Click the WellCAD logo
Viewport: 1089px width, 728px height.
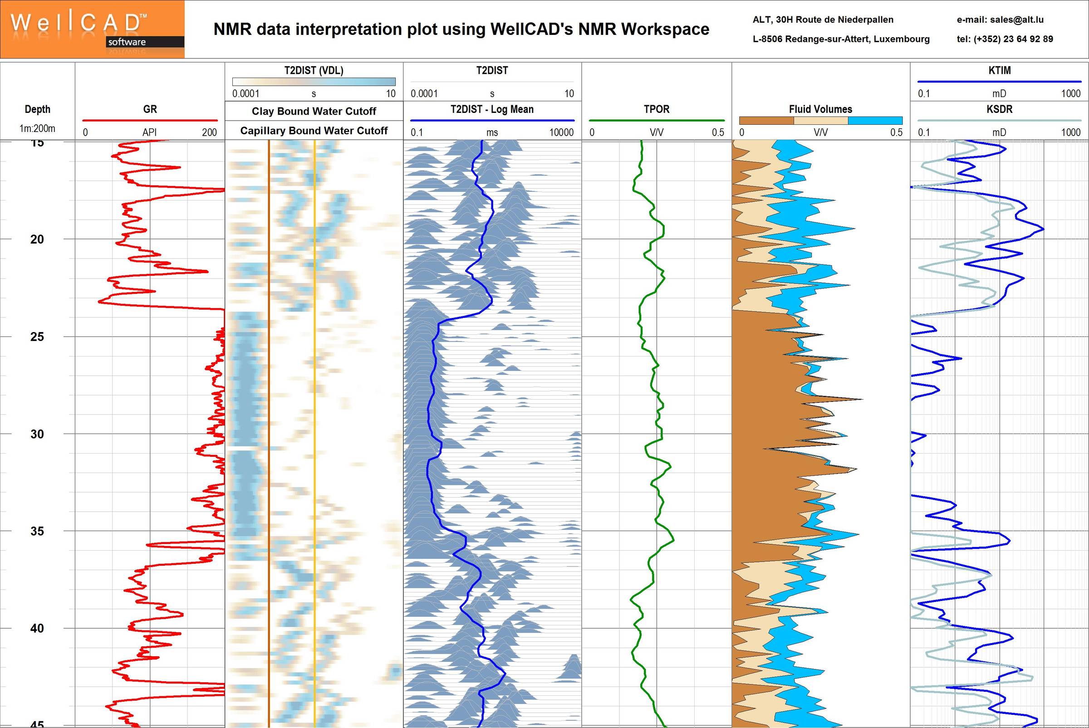[92, 29]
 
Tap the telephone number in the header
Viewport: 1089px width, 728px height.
[1005, 39]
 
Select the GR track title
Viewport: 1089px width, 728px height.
[150, 109]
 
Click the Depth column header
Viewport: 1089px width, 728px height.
[37, 109]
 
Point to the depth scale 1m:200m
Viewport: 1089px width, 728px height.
[37, 129]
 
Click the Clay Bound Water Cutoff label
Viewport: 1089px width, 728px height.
[314, 111]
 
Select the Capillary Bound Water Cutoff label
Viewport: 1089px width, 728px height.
[314, 131]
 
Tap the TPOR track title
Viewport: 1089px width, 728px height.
[656, 109]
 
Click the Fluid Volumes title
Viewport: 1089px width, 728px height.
[820, 109]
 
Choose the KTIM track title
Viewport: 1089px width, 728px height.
[999, 71]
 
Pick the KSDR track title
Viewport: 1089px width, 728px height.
[999, 109]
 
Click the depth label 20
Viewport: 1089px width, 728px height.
[37, 239]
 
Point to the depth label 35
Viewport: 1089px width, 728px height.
[37, 531]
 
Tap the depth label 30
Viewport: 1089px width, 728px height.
[37, 434]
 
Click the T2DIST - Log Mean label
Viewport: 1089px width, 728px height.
[492, 109]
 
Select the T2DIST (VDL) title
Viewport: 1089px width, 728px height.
[314, 71]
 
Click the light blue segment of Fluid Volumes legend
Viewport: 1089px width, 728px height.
[875, 121]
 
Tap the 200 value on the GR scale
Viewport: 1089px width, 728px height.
[209, 132]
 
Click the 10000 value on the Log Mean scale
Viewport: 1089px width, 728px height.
[561, 132]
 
